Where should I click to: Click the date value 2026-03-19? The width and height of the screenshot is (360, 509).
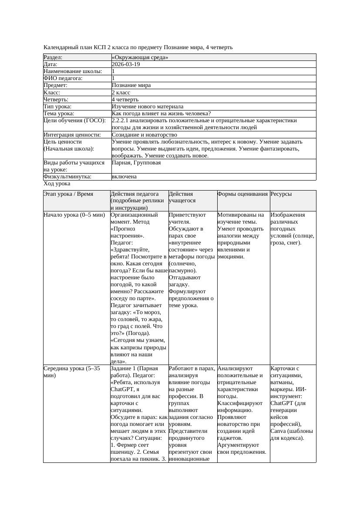[x=126, y=64]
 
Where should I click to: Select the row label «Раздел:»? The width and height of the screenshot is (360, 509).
[x=53, y=57]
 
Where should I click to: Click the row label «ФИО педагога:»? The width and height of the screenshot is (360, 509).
[x=63, y=78]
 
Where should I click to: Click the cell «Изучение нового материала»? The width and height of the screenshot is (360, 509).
[x=148, y=107]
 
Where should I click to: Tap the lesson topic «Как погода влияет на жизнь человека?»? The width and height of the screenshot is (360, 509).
[x=161, y=114]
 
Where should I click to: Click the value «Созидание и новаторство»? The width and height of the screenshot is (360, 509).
[x=144, y=135]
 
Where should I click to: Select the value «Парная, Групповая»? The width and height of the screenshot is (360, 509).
[x=136, y=163]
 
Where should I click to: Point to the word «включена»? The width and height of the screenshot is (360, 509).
[x=124, y=177]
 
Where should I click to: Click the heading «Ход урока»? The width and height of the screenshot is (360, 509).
[x=57, y=184]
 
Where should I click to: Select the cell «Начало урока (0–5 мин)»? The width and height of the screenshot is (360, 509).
[x=74, y=215]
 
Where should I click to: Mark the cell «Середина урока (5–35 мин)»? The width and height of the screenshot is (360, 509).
[x=72, y=372]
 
